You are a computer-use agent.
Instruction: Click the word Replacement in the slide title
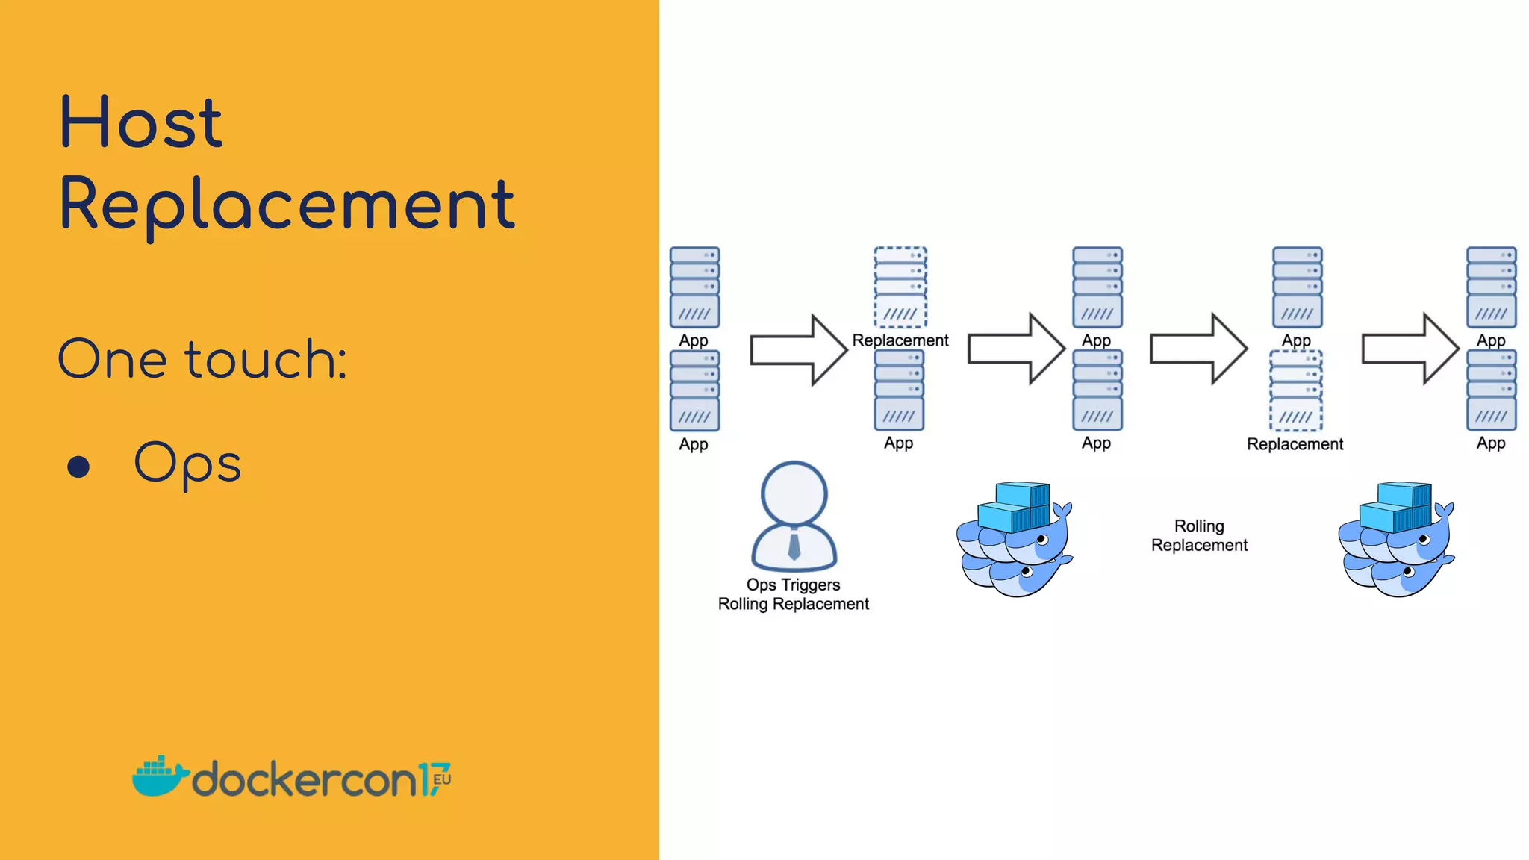(x=287, y=205)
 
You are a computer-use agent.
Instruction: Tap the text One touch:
(x=202, y=359)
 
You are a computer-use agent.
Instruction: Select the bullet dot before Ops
(x=78, y=467)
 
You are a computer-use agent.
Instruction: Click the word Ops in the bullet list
(x=187, y=464)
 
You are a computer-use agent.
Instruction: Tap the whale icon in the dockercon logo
(x=158, y=776)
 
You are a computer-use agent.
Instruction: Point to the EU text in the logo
(x=442, y=779)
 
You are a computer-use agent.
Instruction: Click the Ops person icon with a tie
(x=794, y=517)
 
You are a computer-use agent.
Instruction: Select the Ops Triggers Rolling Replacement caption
(x=794, y=594)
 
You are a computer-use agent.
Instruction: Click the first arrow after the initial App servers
(x=798, y=349)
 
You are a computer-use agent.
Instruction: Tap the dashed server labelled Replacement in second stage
(x=900, y=287)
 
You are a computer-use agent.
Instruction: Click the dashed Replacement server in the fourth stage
(x=1296, y=390)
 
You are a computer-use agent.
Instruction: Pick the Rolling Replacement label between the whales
(x=1199, y=535)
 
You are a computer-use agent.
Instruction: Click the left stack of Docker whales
(x=1015, y=539)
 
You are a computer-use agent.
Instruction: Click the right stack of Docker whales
(x=1396, y=539)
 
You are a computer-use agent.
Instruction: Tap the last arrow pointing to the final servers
(x=1410, y=349)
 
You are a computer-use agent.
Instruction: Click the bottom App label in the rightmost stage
(x=1491, y=443)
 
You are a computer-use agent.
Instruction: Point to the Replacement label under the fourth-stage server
(x=1295, y=444)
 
